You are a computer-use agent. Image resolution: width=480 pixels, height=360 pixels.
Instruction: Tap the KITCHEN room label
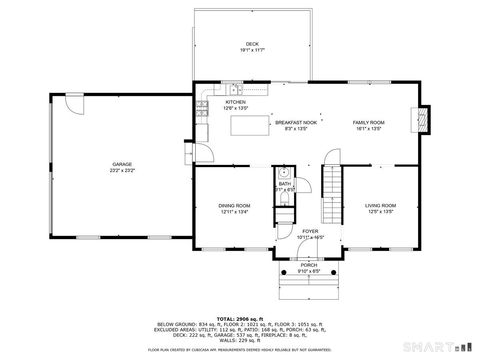pos(235,102)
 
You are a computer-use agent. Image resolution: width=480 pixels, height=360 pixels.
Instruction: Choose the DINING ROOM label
pos(234,205)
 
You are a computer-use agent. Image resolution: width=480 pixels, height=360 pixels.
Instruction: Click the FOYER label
pos(310,231)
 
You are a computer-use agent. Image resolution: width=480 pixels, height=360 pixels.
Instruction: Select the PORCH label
pos(309,264)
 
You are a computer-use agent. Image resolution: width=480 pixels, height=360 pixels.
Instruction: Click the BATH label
pos(284,183)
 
